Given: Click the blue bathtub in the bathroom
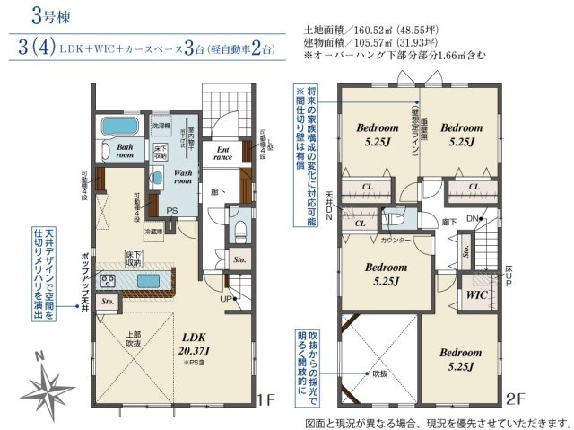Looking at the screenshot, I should click(x=116, y=125).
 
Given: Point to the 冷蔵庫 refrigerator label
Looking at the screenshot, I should click(x=155, y=230).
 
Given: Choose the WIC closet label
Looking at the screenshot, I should click(x=476, y=293).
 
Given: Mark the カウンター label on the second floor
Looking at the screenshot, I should click(x=396, y=241).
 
